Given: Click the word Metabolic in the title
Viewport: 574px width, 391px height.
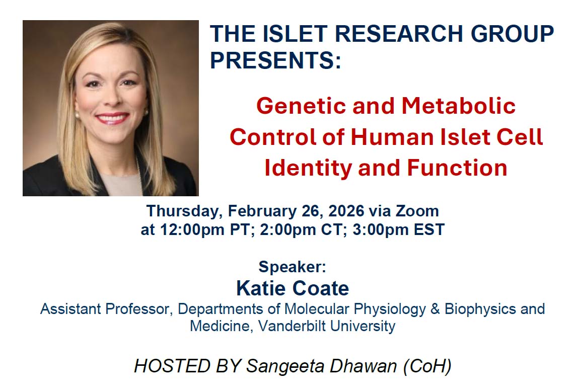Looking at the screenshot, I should click(x=459, y=106).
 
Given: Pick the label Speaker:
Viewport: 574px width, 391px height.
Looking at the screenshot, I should click(x=292, y=267).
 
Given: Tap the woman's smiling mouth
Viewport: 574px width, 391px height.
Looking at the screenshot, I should click(x=112, y=118).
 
